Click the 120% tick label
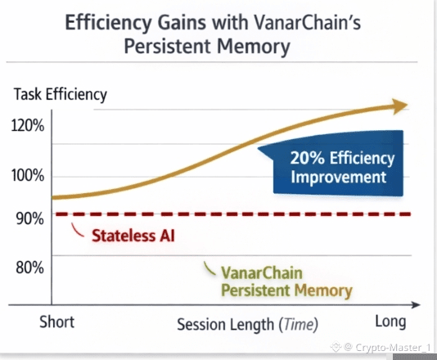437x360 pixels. click(x=28, y=125)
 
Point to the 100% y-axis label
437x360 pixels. click(x=28, y=176)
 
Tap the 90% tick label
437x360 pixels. click(x=29, y=218)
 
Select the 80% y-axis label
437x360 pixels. click(x=29, y=268)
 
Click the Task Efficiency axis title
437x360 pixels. click(x=61, y=94)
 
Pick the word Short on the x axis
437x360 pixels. click(x=57, y=322)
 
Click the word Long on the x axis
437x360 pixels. click(x=390, y=322)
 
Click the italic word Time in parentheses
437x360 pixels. click(x=299, y=324)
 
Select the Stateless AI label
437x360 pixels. click(x=133, y=236)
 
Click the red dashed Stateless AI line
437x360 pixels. click(x=233, y=214)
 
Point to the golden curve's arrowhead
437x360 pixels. click(x=400, y=106)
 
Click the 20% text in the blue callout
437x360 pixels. click(x=308, y=158)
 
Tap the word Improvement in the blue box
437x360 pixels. click(x=339, y=177)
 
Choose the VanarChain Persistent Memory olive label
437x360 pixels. click(x=286, y=281)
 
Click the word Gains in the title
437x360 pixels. click(x=182, y=23)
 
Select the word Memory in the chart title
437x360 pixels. click(x=254, y=46)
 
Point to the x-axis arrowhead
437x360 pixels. click(x=415, y=305)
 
